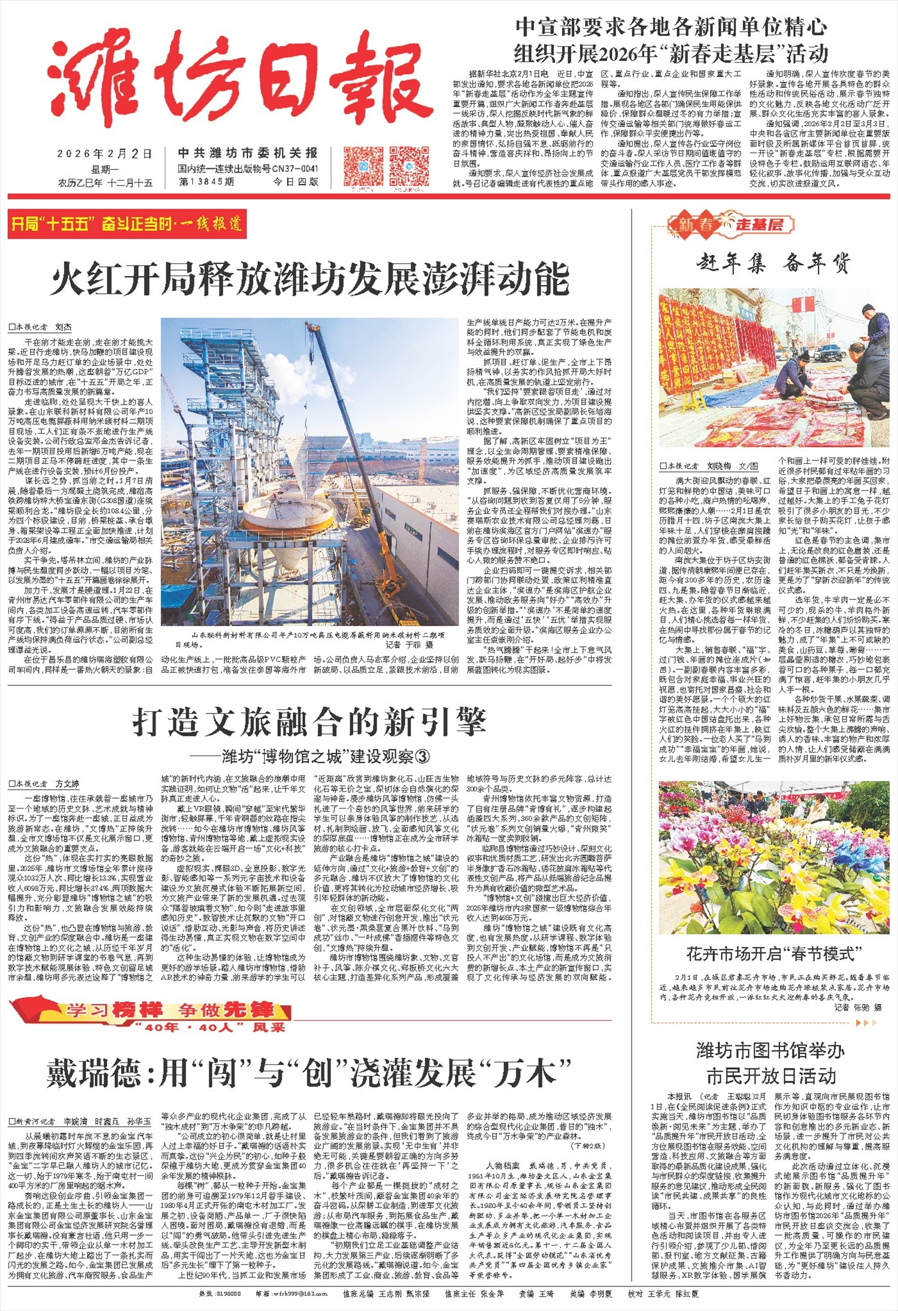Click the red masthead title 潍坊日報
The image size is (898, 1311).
point(239,81)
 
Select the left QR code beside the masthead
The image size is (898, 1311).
point(363,166)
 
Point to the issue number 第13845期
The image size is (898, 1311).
point(207,181)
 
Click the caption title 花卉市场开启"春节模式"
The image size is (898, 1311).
point(773,954)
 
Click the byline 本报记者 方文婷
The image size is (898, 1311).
point(43,784)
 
